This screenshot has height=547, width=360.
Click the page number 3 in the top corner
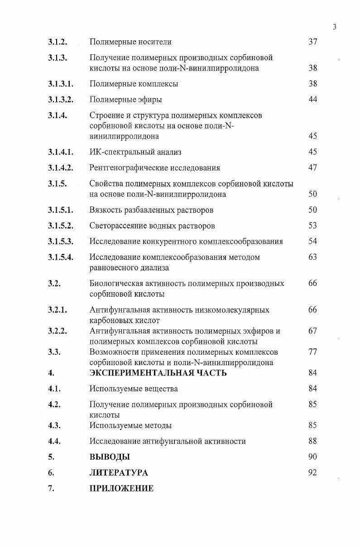pos(334,27)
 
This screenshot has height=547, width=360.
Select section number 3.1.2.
pos(58,42)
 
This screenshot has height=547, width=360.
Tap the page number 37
pos(312,42)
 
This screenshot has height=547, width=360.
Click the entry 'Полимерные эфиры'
pos(125,100)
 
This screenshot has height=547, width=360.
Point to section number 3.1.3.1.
pos(61,84)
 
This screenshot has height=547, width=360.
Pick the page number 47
pos(312,168)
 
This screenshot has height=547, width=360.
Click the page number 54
pos(312,241)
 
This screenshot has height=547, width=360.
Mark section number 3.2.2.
pos(58,331)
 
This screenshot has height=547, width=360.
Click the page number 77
pos(312,352)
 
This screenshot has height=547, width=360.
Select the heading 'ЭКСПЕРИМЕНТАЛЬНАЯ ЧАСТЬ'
pos(158,373)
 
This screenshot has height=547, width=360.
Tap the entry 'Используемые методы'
pos(130,425)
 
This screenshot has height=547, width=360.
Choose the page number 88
pos(312,441)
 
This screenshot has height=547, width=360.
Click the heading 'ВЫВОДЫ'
pos(110,457)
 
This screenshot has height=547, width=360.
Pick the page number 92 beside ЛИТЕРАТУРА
pos(312,473)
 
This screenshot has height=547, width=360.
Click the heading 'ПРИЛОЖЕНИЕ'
pos(121,489)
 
